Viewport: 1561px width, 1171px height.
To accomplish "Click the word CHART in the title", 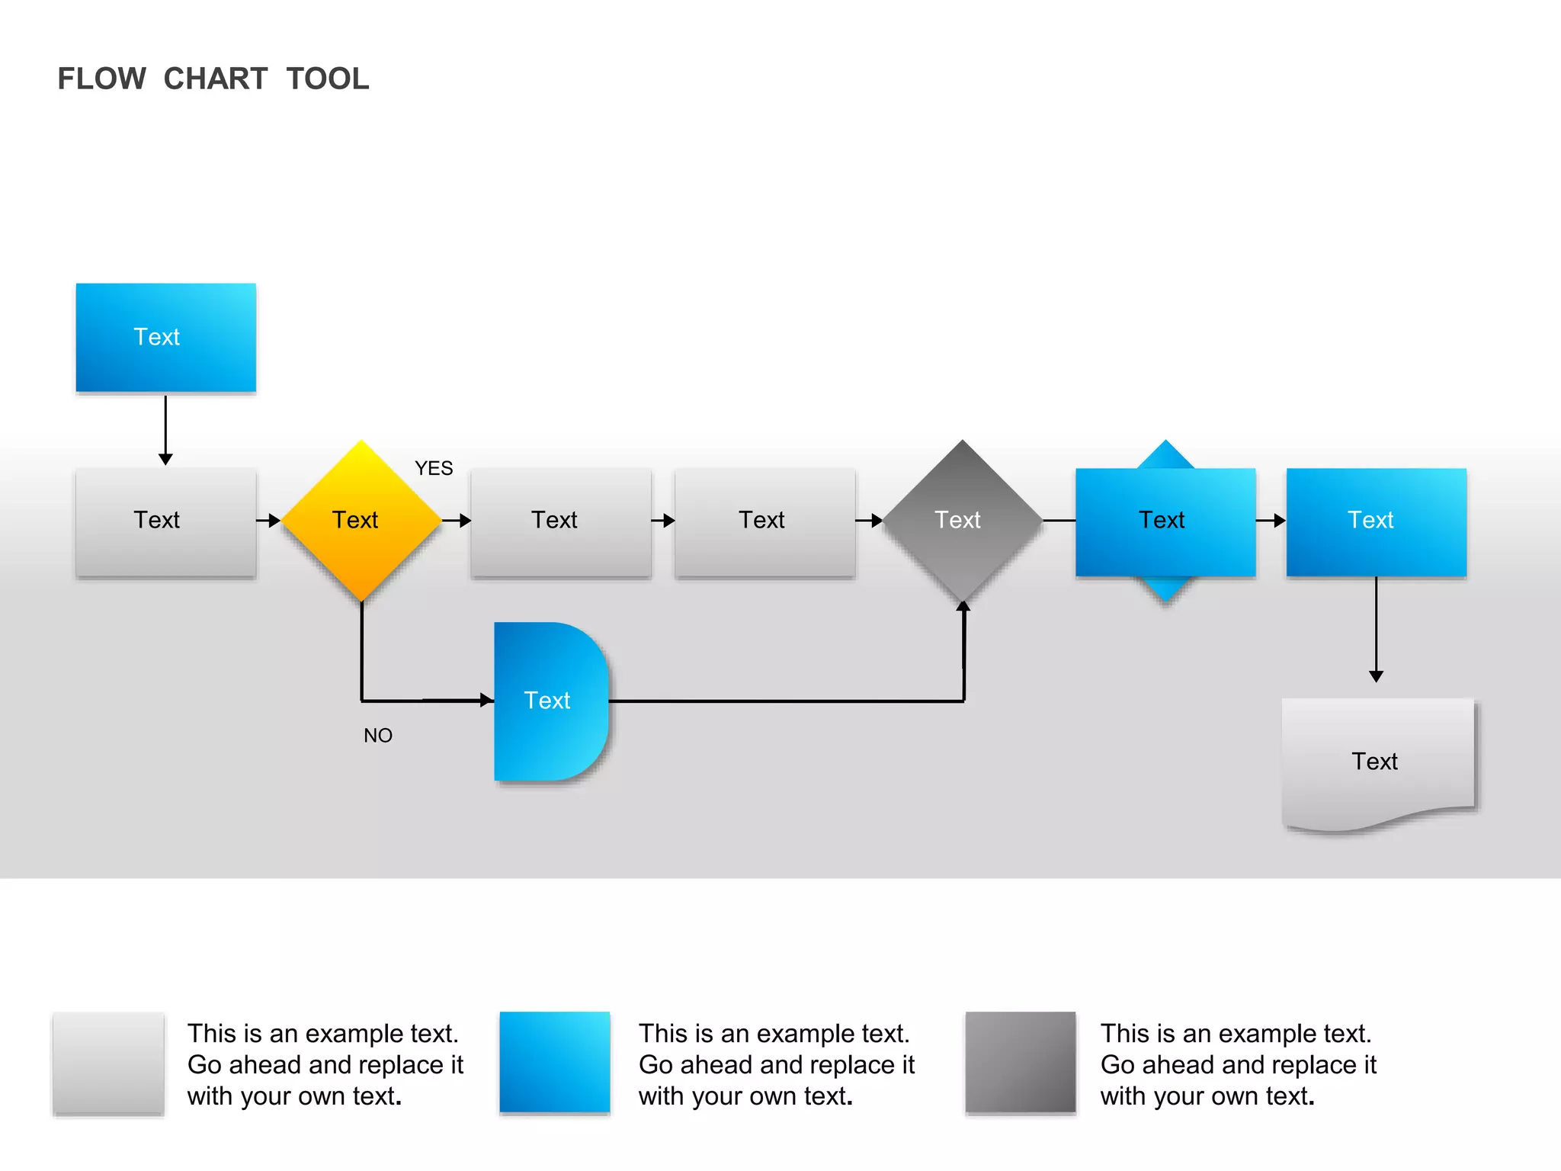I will pyautogui.click(x=216, y=79).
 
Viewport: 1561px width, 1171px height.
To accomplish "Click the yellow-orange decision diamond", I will pyautogui.click(x=361, y=521).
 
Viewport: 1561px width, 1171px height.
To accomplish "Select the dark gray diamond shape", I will pyautogui.click(x=962, y=521).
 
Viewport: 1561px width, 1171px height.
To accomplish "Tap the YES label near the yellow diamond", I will pyautogui.click(x=434, y=468).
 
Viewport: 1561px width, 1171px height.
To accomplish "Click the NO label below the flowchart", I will pyautogui.click(x=378, y=736).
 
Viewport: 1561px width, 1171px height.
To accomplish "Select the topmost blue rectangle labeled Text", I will pyautogui.click(x=165, y=338).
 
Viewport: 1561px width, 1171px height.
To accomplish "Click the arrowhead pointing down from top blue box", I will pyautogui.click(x=165, y=459).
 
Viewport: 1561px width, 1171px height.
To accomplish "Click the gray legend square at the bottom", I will pyautogui.click(x=108, y=1064).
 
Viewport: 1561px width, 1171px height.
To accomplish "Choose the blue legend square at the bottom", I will pyautogui.click(x=555, y=1063).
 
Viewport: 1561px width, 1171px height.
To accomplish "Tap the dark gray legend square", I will pyautogui.click(x=1021, y=1063).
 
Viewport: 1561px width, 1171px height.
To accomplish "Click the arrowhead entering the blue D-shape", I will pyautogui.click(x=487, y=700).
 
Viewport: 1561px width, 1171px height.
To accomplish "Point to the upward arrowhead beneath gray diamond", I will pyautogui.click(x=963, y=606).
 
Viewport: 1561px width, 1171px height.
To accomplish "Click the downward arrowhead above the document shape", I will pyautogui.click(x=1376, y=676).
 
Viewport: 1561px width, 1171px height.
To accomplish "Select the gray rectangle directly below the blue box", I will pyautogui.click(x=165, y=522).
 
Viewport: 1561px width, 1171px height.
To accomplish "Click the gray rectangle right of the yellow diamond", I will pyautogui.click(x=561, y=522).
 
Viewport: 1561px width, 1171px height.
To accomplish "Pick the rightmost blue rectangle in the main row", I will pyautogui.click(x=1376, y=522).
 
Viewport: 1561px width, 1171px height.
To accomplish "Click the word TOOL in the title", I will pyautogui.click(x=328, y=79).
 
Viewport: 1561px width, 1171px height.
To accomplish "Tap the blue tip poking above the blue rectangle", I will pyautogui.click(x=1165, y=456).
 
